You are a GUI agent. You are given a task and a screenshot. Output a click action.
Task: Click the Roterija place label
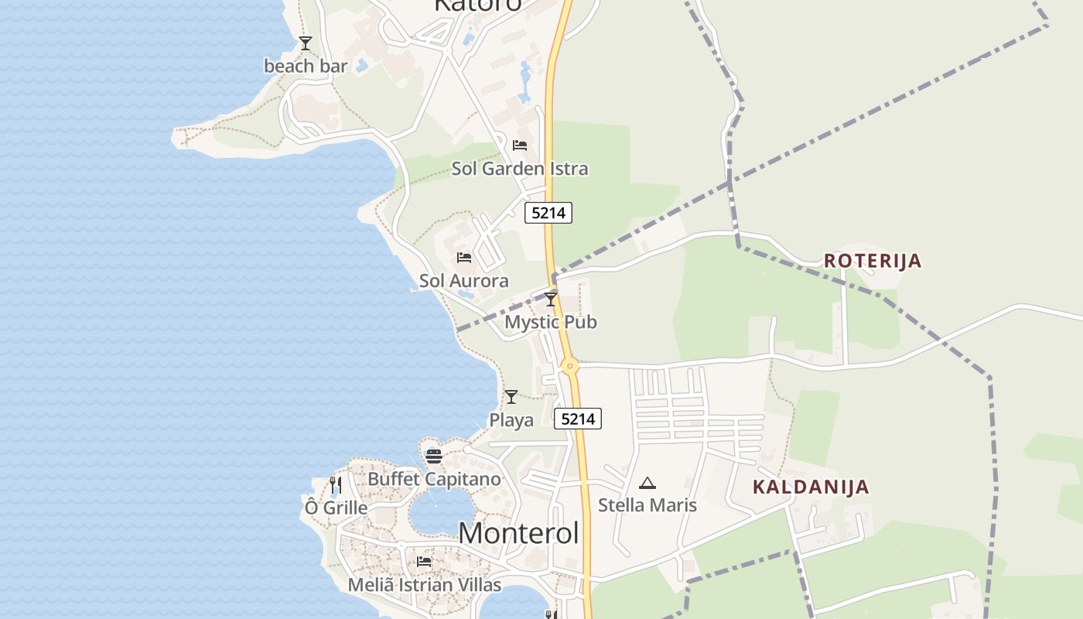tap(873, 261)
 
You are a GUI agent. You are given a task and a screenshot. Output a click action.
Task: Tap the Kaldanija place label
tap(811, 487)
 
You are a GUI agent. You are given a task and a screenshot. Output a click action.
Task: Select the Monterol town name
tap(518, 533)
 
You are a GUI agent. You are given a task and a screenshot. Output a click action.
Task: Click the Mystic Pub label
tap(551, 322)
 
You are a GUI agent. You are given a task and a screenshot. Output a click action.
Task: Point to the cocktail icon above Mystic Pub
tap(551, 299)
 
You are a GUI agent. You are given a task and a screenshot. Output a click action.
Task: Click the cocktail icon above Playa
tap(511, 397)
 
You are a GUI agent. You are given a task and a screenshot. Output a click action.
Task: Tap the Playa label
tap(511, 420)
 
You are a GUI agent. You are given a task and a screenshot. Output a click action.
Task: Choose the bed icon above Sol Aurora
tap(464, 257)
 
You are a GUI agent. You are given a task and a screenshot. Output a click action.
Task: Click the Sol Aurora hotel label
tap(464, 281)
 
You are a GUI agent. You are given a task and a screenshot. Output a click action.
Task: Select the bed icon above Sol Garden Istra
tap(520, 145)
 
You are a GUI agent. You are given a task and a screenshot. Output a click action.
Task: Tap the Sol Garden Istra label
tap(520, 169)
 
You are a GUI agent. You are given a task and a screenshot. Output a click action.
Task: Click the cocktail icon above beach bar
tap(306, 43)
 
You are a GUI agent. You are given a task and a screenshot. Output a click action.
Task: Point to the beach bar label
tap(306, 67)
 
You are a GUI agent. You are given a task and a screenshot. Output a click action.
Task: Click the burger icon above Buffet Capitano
tap(434, 456)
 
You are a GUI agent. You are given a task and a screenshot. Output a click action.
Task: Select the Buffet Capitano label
tap(434, 479)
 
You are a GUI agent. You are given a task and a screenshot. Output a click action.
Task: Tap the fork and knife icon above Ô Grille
tap(335, 485)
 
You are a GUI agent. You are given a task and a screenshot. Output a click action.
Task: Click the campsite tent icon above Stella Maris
tap(647, 484)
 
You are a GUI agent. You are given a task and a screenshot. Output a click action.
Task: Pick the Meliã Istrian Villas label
tap(424, 585)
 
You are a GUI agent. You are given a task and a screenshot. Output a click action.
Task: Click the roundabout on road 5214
tap(570, 366)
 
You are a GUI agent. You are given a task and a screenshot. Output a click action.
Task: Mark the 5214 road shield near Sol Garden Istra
tap(548, 213)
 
